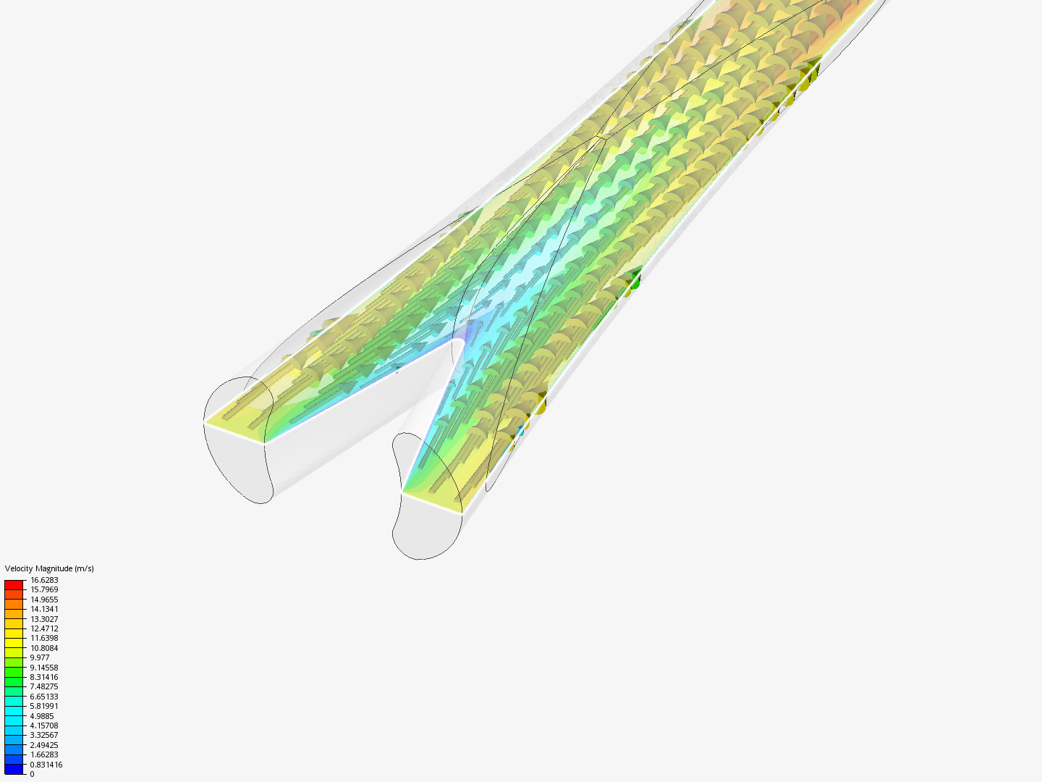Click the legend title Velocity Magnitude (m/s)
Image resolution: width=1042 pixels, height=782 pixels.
click(x=49, y=568)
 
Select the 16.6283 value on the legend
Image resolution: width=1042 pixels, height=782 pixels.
click(x=44, y=580)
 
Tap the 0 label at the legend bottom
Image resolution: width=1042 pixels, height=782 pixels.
click(x=32, y=774)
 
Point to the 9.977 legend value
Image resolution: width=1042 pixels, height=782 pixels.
click(x=40, y=657)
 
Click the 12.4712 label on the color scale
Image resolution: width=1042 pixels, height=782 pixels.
click(x=44, y=628)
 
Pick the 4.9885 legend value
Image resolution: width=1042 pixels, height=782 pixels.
click(x=42, y=716)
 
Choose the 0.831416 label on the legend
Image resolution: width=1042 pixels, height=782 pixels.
click(x=46, y=765)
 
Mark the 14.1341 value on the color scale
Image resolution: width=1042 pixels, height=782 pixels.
click(x=44, y=609)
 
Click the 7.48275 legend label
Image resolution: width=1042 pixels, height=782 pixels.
click(x=44, y=686)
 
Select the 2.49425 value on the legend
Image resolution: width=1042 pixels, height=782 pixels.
click(x=44, y=745)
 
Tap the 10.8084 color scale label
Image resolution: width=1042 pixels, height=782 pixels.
click(x=44, y=648)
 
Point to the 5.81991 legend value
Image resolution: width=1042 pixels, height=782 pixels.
click(x=44, y=706)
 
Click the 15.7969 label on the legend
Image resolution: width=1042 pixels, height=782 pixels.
click(x=44, y=589)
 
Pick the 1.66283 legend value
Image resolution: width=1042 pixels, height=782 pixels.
click(x=44, y=754)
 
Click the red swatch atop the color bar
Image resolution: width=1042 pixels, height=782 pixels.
click(x=14, y=584)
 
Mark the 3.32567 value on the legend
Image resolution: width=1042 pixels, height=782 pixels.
click(x=44, y=735)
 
